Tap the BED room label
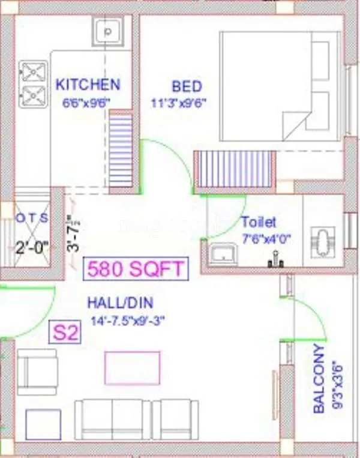click(187, 86)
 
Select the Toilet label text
click(259, 222)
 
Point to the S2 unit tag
click(65, 333)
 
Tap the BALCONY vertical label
click(320, 378)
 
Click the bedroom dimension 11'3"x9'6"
click(179, 102)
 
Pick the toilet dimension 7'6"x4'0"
click(266, 238)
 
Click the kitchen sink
click(108, 30)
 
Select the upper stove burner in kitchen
click(34, 72)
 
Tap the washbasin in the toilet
click(223, 254)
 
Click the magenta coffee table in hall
click(133, 368)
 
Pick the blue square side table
click(43, 424)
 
